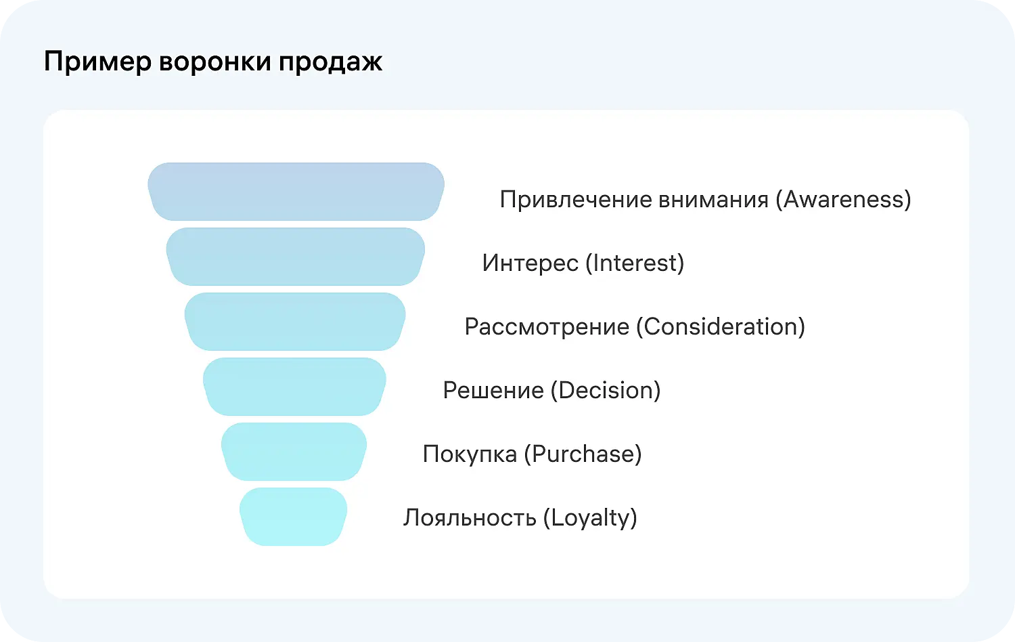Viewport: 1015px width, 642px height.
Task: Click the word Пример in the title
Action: click(97, 62)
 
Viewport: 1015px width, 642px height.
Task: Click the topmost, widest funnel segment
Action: click(296, 192)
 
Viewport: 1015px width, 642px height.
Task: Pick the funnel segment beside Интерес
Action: click(296, 257)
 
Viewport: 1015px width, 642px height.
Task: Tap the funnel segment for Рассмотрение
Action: click(295, 322)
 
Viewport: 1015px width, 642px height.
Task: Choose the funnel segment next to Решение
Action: click(294, 387)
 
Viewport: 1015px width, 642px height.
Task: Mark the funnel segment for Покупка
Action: click(294, 452)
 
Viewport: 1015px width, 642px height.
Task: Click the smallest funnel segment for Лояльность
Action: click(294, 517)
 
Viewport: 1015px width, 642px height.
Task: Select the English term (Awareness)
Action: click(843, 200)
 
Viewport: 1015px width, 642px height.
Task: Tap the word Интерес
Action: click(530, 263)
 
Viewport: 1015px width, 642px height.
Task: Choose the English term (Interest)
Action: click(634, 263)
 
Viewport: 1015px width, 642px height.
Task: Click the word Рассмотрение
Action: click(547, 327)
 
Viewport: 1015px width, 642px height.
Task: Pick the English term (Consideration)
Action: click(721, 327)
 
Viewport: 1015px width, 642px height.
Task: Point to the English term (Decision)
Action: click(606, 391)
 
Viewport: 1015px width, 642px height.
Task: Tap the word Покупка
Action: click(470, 454)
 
